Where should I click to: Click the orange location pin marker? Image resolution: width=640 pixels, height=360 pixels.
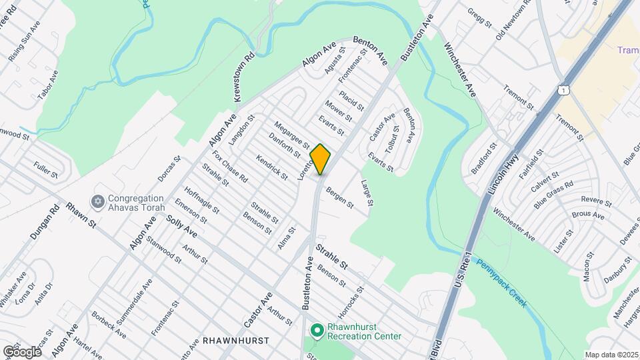click(x=321, y=159)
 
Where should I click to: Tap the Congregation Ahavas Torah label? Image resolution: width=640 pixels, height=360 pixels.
click(x=136, y=203)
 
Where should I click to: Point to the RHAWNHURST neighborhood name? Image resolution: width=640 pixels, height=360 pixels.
click(x=238, y=340)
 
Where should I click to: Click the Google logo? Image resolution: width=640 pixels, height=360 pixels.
click(x=22, y=351)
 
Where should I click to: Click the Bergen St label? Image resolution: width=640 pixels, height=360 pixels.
click(x=339, y=197)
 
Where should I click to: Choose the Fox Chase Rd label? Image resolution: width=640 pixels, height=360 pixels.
click(x=230, y=167)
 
